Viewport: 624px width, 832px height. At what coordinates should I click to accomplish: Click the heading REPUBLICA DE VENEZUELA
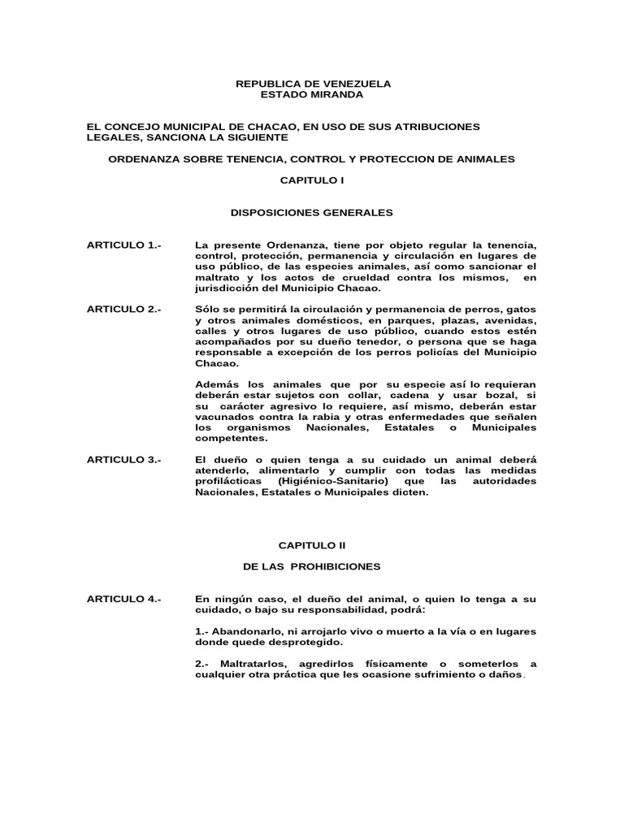313,84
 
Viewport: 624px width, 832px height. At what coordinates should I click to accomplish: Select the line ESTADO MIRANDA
312,95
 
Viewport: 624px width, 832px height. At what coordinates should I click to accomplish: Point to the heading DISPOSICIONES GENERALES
313,213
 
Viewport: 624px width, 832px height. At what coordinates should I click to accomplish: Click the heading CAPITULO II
313,547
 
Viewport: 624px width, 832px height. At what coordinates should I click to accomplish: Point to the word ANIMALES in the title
483,159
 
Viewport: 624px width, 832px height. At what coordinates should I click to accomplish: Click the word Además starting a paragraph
217,384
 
